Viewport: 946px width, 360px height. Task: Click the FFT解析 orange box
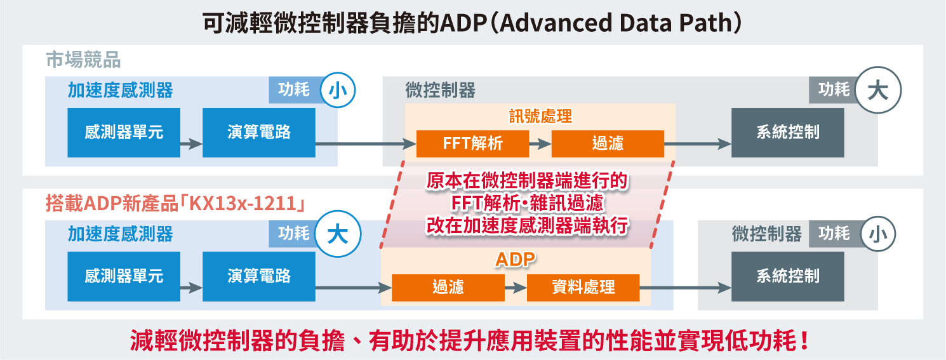(x=472, y=143)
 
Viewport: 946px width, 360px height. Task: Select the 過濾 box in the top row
(x=608, y=143)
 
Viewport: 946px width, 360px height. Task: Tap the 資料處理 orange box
(x=583, y=288)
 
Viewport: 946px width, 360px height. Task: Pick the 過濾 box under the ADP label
(x=448, y=288)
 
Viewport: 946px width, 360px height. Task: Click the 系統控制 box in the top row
(x=788, y=133)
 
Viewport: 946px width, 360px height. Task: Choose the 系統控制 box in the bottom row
(x=788, y=277)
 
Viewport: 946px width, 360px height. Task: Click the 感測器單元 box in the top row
(x=124, y=133)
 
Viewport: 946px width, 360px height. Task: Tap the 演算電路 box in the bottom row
(x=259, y=277)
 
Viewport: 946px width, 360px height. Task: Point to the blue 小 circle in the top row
(x=338, y=90)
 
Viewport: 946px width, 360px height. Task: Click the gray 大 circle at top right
(x=879, y=90)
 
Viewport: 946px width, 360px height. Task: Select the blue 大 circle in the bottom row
(x=338, y=234)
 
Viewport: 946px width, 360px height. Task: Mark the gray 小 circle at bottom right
(x=879, y=234)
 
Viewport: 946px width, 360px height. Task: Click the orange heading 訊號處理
(x=540, y=116)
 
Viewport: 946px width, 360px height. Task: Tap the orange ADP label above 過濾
(x=516, y=259)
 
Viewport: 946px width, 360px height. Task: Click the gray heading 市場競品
(x=83, y=60)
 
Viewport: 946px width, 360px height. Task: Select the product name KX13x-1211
(x=243, y=203)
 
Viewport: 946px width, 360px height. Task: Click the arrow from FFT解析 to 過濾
(x=540, y=144)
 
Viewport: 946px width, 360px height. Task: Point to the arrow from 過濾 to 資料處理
(x=516, y=288)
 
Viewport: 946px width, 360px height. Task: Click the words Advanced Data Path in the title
(x=616, y=23)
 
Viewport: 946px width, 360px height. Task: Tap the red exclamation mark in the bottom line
(x=804, y=340)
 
